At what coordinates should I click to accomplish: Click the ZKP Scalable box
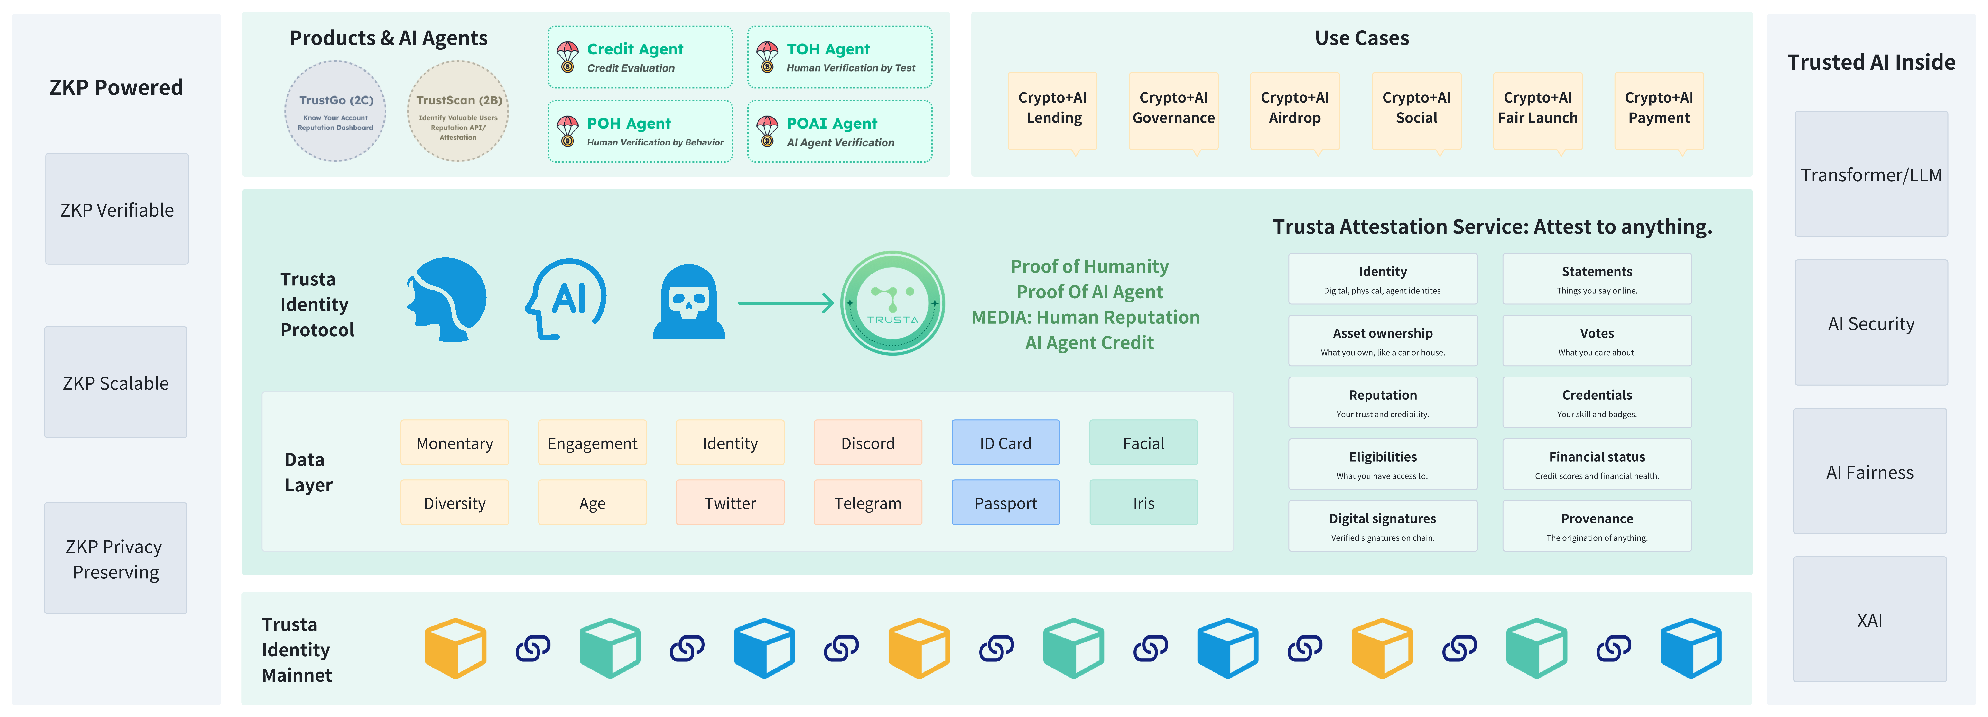click(x=116, y=383)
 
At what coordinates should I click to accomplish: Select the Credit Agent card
click(x=640, y=57)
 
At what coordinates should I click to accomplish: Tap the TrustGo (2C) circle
click(x=336, y=111)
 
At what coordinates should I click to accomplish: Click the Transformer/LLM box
click(x=1871, y=174)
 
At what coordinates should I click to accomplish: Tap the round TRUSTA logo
click(x=892, y=303)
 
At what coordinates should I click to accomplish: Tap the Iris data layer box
click(x=1143, y=502)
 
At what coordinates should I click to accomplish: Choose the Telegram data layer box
click(x=867, y=502)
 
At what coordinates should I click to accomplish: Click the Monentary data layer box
click(x=455, y=443)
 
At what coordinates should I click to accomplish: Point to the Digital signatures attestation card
click(x=1382, y=526)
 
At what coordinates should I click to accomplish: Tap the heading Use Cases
click(x=1361, y=38)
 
